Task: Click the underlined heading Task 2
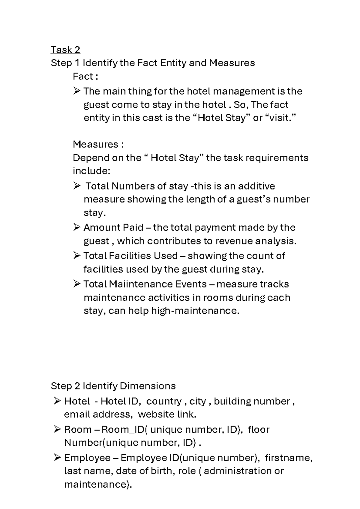click(65, 50)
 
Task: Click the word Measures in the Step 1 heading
click(232, 63)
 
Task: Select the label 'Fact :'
click(85, 77)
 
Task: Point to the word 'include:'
click(91, 171)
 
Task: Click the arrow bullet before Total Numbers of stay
click(76, 186)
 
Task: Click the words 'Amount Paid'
click(113, 227)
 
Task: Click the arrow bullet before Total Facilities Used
click(76, 256)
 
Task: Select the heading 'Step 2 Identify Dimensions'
click(113, 386)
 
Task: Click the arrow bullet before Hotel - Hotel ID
click(57, 401)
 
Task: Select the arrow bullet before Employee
click(57, 458)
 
